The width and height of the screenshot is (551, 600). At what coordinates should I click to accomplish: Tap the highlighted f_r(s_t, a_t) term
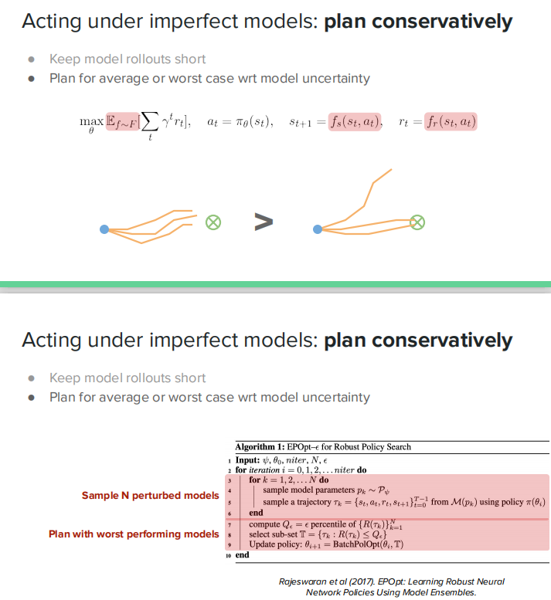coord(451,121)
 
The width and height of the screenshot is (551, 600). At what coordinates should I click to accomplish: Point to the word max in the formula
coord(91,120)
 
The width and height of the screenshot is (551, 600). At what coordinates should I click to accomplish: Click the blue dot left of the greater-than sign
coord(104,229)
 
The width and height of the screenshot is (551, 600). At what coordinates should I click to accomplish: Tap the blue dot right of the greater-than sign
coord(317,229)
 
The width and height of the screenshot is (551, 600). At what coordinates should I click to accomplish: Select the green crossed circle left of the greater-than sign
coord(213,222)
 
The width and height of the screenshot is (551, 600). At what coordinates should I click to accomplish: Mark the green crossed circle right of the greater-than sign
coord(417,222)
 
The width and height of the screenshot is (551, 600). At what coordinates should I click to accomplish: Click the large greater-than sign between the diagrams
coord(264,222)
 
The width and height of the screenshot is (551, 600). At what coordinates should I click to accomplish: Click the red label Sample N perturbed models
coord(151,495)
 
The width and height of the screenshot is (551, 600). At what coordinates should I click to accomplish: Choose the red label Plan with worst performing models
coord(134,534)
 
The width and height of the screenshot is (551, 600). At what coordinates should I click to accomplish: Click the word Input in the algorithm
coord(250,459)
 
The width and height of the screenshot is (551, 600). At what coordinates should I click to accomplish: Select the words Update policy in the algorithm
coord(274,544)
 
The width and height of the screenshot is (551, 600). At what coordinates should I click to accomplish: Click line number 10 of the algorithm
coord(230,555)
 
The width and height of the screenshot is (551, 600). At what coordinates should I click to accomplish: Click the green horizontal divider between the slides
coord(275,284)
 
